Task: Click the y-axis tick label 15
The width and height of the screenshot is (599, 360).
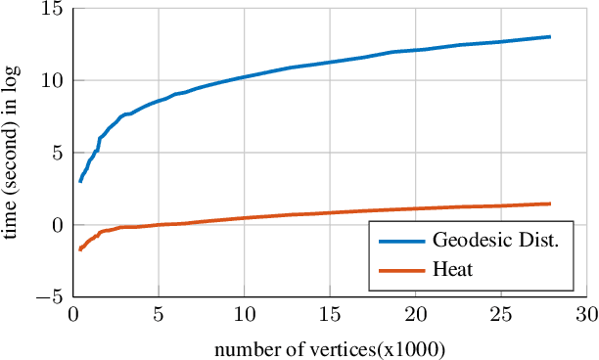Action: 50,9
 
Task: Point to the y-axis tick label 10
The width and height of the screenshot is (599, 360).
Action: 50,80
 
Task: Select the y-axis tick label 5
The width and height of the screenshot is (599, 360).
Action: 55,153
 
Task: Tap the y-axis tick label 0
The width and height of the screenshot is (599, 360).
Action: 55,225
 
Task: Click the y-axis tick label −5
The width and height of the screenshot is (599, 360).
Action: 49,296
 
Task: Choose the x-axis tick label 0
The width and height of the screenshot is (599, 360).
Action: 72,316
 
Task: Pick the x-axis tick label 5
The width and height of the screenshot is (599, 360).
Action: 158,316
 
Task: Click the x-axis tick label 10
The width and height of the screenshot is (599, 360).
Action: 244,316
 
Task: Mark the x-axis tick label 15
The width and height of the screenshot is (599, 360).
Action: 329,316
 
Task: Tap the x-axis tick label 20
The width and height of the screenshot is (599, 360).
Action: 415,316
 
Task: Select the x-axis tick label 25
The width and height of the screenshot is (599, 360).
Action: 500,316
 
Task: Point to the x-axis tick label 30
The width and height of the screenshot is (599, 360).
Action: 585,316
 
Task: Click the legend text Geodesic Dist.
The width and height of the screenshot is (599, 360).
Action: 494,242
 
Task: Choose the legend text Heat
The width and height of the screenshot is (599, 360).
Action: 451,269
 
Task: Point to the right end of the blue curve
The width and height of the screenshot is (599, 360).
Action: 550,37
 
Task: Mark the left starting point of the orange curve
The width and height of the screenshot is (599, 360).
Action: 80,250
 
